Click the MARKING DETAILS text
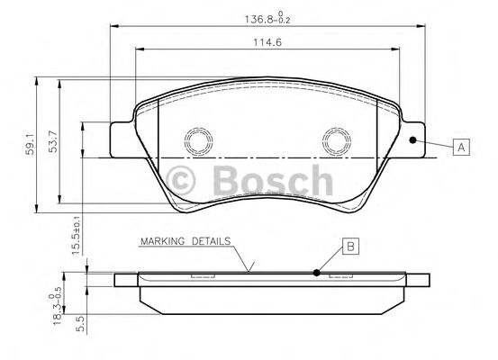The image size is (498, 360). click(x=186, y=242)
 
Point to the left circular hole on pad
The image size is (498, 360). click(x=196, y=140)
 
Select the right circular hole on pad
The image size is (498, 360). click(x=337, y=140)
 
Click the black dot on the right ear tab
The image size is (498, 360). click(x=412, y=140)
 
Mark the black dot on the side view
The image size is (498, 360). click(x=316, y=273)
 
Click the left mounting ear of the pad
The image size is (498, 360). click(x=122, y=139)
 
